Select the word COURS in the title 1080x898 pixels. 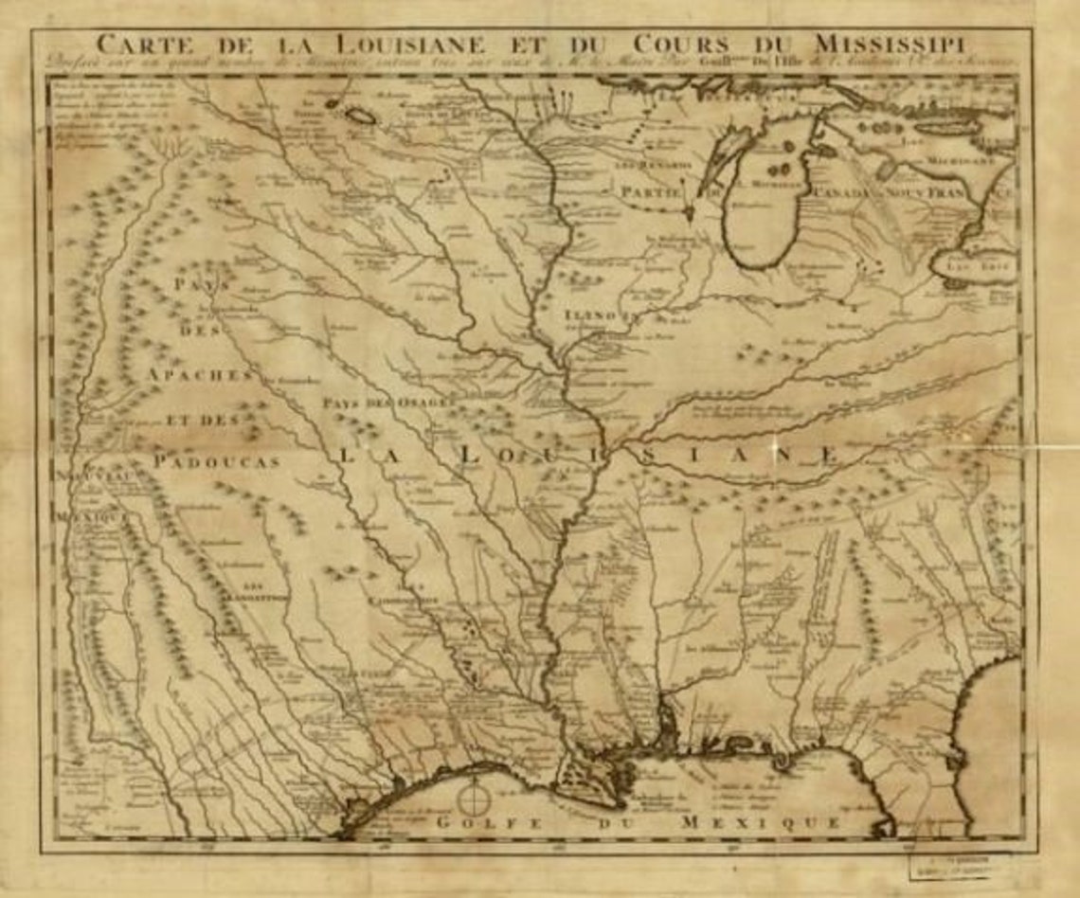click(x=682, y=45)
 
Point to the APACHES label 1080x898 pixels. click(x=200, y=375)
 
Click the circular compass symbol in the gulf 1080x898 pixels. click(x=472, y=799)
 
